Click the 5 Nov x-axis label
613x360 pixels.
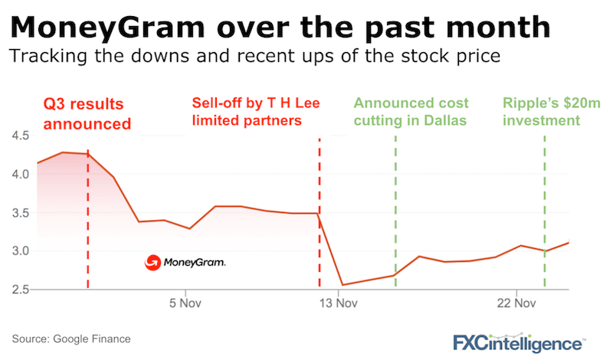coord(184,303)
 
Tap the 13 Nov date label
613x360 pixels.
coord(338,303)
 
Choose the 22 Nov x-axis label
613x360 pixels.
coord(515,303)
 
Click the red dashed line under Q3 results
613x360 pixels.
coord(88,230)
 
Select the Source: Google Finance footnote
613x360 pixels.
coord(72,338)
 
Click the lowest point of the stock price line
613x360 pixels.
coord(342,285)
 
